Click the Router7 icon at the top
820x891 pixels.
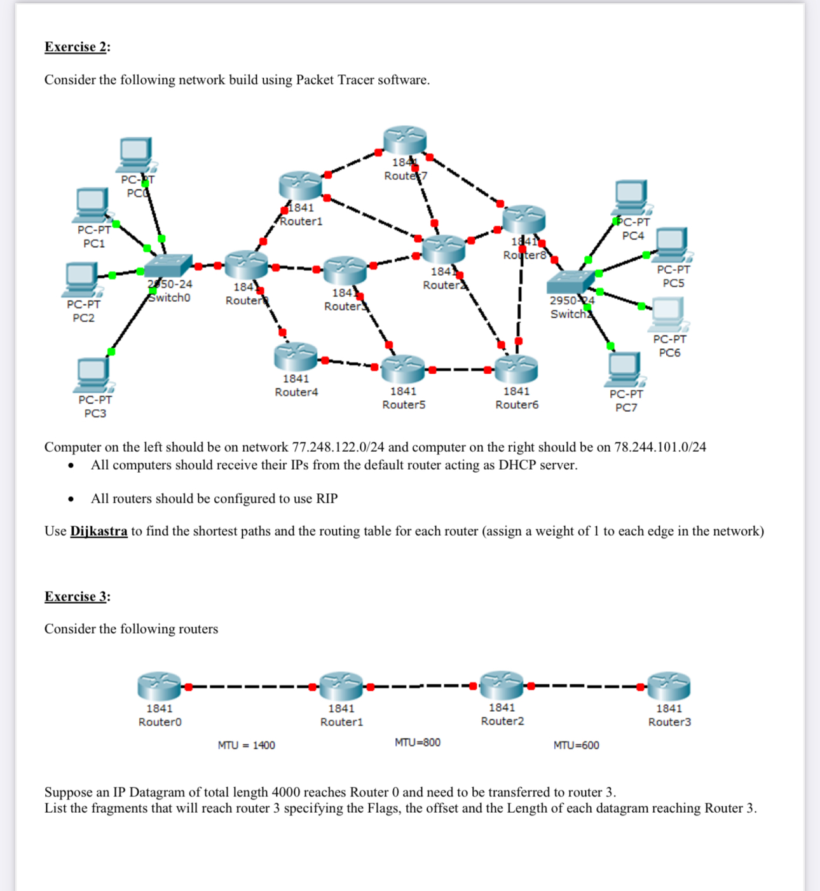tap(405, 140)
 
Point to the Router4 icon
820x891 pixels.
tap(296, 357)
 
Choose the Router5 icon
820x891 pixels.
tap(403, 368)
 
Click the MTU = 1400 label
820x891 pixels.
tap(246, 745)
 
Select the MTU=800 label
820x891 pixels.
tap(417, 742)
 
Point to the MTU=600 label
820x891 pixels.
tap(576, 745)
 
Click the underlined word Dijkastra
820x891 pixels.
tap(99, 531)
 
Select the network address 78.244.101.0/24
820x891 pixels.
tap(660, 447)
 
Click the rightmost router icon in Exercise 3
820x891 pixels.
tap(669, 686)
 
